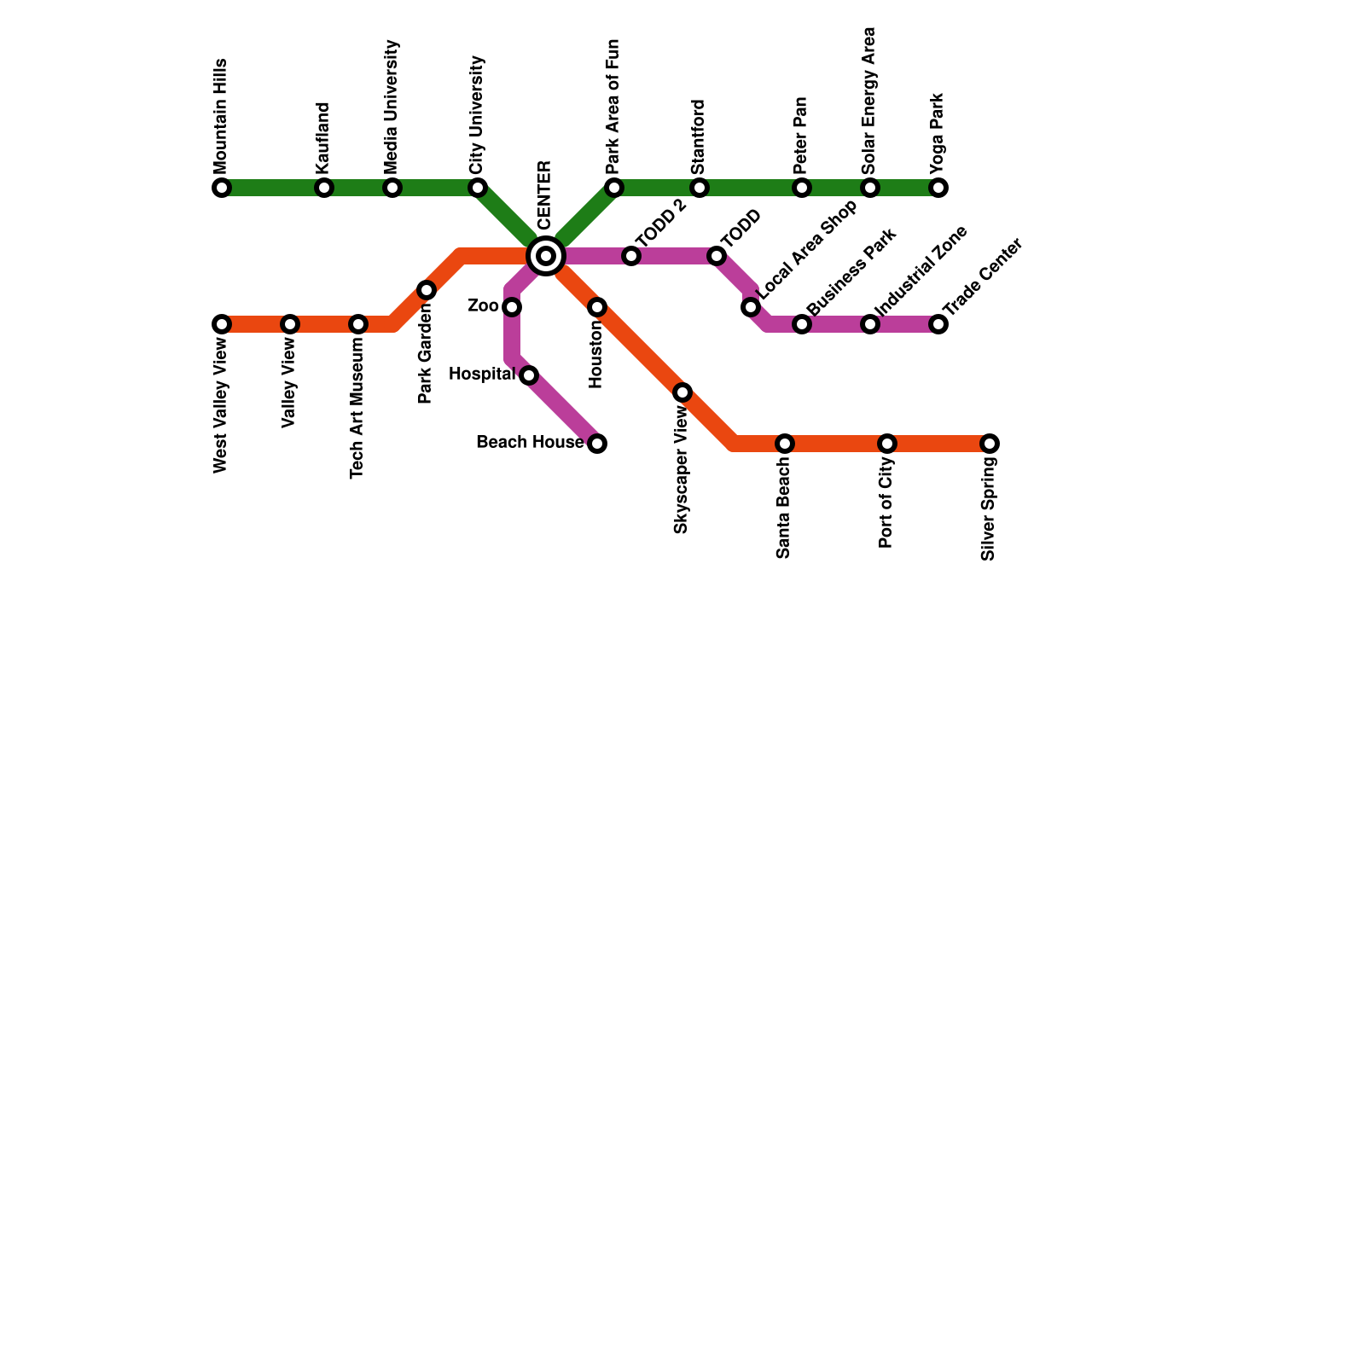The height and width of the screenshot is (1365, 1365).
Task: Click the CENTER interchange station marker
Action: coord(546,255)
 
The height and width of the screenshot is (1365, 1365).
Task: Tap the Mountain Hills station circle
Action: coord(222,188)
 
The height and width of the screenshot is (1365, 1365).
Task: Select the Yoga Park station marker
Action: coord(938,188)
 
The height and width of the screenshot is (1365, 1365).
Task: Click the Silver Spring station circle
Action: coord(990,444)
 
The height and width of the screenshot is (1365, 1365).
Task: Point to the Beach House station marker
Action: coord(597,444)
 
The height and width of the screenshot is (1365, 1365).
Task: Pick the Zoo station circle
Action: coord(512,307)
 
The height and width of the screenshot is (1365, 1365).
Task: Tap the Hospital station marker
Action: coord(529,375)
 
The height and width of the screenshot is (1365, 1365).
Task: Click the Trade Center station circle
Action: coord(938,324)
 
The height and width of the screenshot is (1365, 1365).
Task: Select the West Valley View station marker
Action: coord(222,324)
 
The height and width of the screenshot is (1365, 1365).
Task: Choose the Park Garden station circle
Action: coord(427,290)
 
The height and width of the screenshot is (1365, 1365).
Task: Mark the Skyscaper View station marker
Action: coord(682,392)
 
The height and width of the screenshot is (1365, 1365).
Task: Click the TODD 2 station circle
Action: coord(631,256)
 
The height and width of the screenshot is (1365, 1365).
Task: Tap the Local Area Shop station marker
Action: coord(751,307)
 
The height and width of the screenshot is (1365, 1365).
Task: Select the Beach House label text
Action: coord(530,443)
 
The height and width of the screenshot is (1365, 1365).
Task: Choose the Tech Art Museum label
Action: coord(357,407)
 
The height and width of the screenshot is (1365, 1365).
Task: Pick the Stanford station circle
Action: coord(700,188)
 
